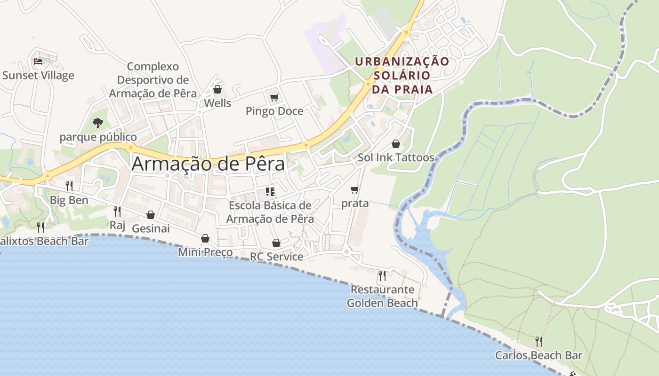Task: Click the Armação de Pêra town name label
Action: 208,164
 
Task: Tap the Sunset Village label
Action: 38,75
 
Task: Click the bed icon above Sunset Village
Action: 38,61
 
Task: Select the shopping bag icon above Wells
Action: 217,89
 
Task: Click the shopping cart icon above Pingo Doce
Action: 274,97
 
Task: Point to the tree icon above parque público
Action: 98,123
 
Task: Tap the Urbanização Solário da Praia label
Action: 402,75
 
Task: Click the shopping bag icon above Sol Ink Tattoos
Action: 396,143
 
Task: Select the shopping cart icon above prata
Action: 355,189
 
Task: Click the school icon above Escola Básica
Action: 270,191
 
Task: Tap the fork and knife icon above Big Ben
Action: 69,186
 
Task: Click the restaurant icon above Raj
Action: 117,211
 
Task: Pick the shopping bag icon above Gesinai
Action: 151,215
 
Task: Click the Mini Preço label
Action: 205,252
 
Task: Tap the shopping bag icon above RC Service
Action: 276,243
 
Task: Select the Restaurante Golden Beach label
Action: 382,296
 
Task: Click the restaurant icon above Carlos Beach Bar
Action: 539,341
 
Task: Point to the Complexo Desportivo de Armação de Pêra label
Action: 153,80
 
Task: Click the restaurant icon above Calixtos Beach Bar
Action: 41,227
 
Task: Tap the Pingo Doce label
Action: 274,111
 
